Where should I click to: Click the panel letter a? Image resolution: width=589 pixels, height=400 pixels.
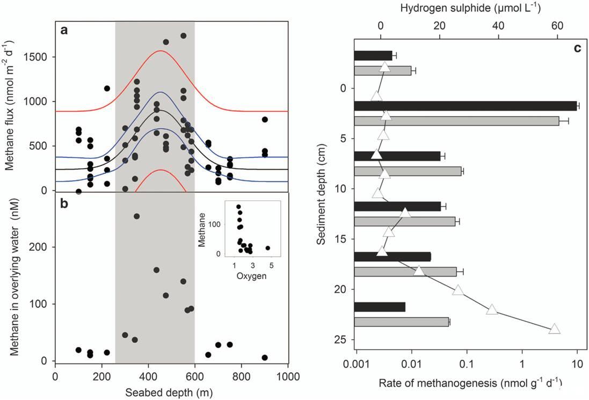click(x=64, y=31)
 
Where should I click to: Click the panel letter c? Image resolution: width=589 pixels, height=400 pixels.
click(x=577, y=48)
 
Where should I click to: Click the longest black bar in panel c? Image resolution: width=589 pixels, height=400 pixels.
click(x=465, y=106)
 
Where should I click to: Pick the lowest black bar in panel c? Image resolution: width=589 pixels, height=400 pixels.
click(x=380, y=307)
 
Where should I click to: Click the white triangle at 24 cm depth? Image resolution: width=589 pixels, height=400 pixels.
click(x=555, y=329)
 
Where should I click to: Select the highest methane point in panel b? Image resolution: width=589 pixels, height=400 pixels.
click(x=136, y=216)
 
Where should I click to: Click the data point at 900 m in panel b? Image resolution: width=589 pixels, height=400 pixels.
click(x=264, y=358)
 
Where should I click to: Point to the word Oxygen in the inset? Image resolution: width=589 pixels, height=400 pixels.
click(x=252, y=262)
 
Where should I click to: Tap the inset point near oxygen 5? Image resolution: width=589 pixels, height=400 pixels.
click(x=268, y=248)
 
